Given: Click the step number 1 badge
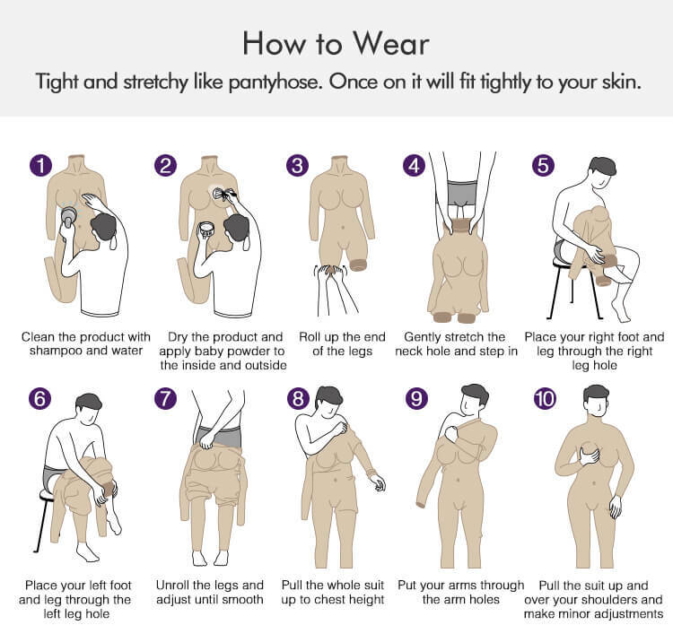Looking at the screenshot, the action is point(40,166).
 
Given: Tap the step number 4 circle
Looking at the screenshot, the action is point(415,166).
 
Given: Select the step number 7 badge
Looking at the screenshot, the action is point(166,398).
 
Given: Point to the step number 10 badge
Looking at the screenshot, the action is point(545,398).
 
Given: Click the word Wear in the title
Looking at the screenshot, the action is point(390,43).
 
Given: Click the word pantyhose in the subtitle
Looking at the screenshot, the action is point(275,82).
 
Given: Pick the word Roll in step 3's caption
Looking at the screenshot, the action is point(310,337).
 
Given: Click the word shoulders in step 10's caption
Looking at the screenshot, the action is point(612,599).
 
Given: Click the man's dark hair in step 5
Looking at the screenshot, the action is point(603,166).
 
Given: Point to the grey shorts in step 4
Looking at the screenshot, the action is point(462,194).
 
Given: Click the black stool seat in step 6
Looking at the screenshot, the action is point(47,496).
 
